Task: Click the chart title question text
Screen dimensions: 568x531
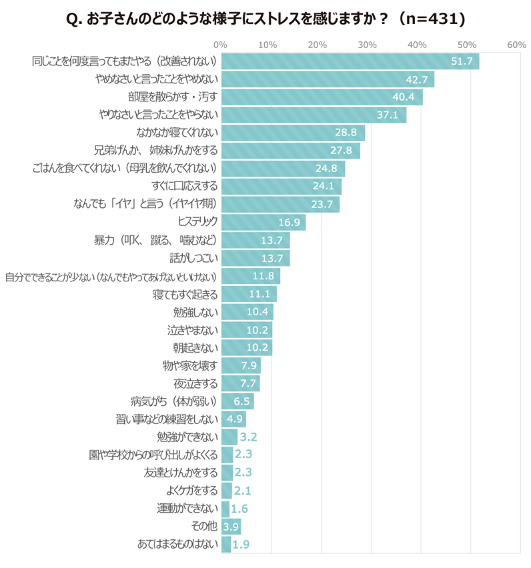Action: (266, 20)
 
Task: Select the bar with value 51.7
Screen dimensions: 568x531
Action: (350, 61)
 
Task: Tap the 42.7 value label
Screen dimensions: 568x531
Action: (416, 79)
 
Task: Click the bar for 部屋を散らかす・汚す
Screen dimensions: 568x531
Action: (321, 97)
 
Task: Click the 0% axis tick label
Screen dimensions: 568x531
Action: (221, 45)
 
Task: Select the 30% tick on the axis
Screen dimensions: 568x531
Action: (368, 45)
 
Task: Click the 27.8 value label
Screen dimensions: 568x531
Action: (342, 151)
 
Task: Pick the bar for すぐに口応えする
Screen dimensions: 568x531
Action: (281, 187)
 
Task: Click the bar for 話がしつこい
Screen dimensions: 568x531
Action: (255, 258)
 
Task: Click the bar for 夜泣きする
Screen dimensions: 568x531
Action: (240, 383)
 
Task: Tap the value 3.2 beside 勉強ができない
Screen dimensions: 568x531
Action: (248, 437)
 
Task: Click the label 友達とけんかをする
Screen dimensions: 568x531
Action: (180, 473)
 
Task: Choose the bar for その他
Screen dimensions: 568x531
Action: (231, 527)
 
